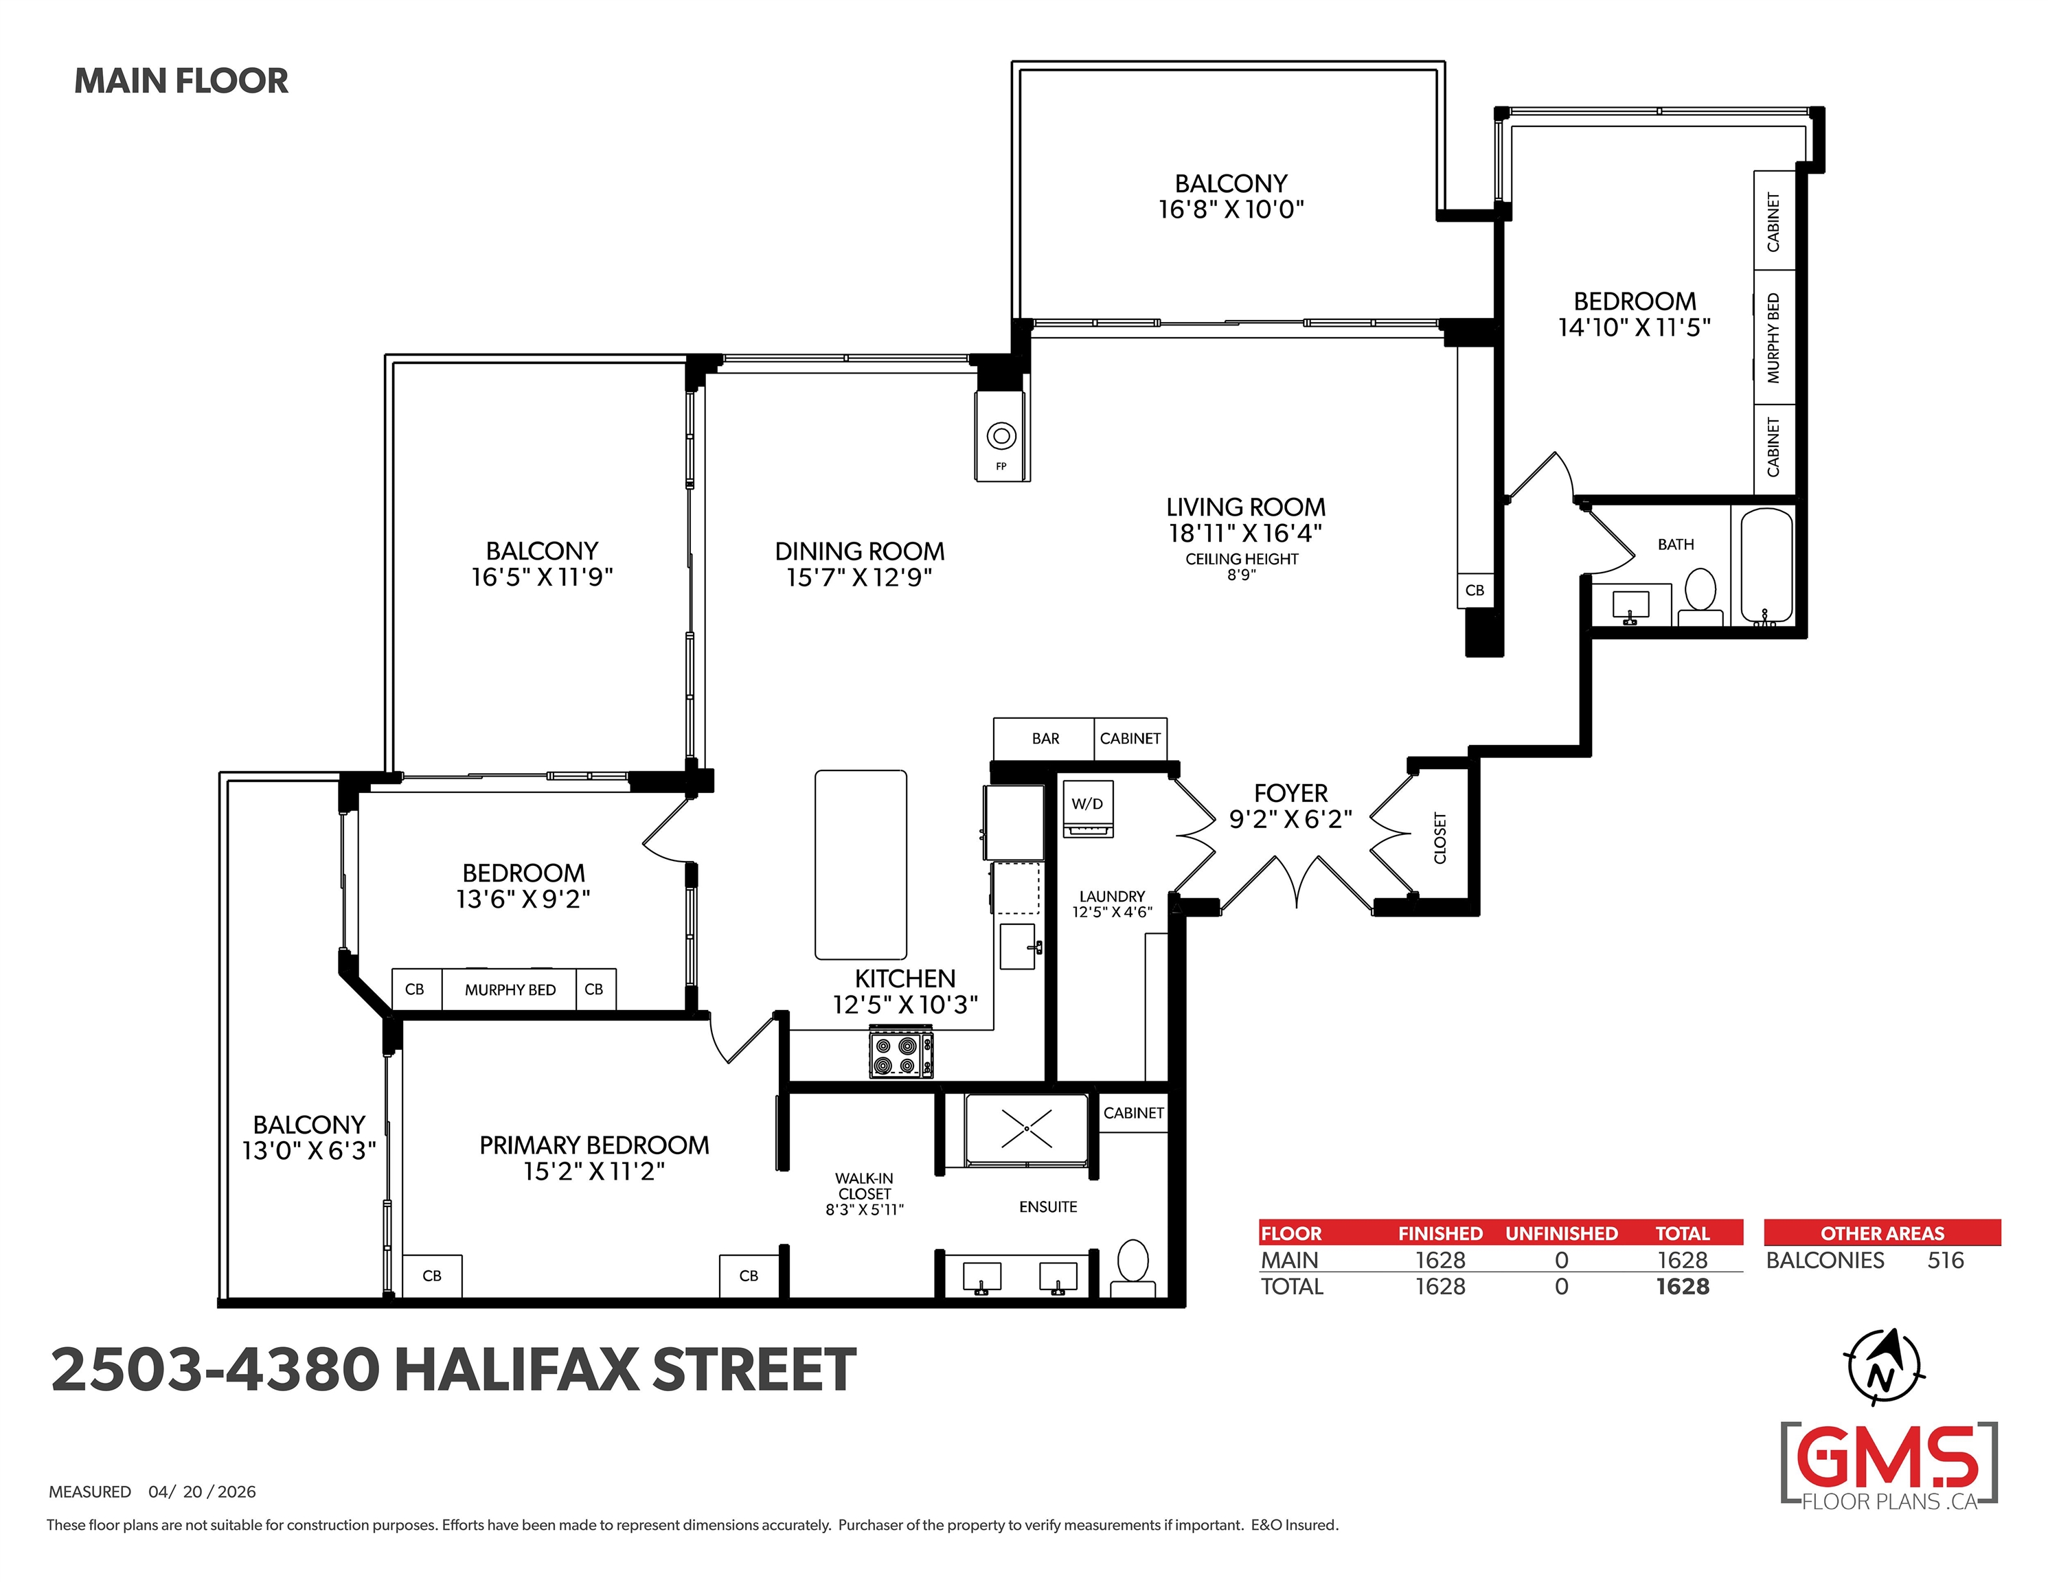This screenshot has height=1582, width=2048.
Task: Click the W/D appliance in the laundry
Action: click(x=1088, y=808)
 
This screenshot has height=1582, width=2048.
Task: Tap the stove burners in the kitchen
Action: click(x=900, y=1054)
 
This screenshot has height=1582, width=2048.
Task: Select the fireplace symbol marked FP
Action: click(x=1001, y=436)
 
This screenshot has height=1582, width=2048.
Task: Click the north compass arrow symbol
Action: click(x=1885, y=1367)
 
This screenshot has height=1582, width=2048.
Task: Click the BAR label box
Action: click(x=1044, y=739)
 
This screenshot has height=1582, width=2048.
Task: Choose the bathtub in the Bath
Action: click(x=1766, y=566)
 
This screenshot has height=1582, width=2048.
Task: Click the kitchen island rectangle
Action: click(x=861, y=864)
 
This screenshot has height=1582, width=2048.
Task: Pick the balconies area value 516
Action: click(x=1945, y=1261)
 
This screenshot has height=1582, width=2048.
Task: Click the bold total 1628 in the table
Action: click(x=1683, y=1287)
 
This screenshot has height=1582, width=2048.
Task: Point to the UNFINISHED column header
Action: click(x=1561, y=1233)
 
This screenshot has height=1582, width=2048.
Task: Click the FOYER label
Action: click(x=1290, y=793)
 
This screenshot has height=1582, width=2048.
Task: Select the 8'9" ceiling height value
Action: click(x=1240, y=575)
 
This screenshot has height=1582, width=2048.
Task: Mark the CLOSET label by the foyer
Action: click(x=1440, y=838)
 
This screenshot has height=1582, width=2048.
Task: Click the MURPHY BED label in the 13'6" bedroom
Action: click(x=510, y=990)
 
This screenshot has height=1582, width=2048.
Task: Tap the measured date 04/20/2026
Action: click(x=202, y=1492)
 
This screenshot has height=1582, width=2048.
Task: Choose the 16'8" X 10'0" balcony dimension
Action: click(x=1231, y=209)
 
